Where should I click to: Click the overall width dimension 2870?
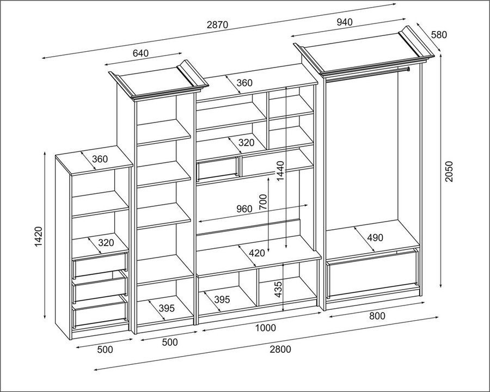click(x=217, y=24)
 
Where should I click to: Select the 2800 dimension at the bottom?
click(x=280, y=349)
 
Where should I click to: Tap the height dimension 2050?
click(x=449, y=171)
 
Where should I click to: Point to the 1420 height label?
click(x=38, y=237)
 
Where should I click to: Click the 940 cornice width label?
click(x=345, y=22)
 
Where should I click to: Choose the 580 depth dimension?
click(x=439, y=34)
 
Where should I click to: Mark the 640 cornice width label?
click(x=140, y=53)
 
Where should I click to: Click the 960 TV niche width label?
click(x=244, y=209)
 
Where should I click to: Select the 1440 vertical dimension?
click(x=280, y=171)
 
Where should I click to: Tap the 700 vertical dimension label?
click(x=263, y=202)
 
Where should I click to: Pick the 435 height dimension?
click(x=278, y=290)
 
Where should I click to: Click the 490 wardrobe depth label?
click(x=375, y=238)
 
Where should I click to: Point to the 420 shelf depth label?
click(x=257, y=253)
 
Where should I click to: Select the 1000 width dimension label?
click(x=266, y=328)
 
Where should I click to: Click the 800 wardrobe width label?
click(x=377, y=316)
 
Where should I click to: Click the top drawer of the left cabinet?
click(x=100, y=265)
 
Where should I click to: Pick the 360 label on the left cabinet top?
click(x=100, y=159)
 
